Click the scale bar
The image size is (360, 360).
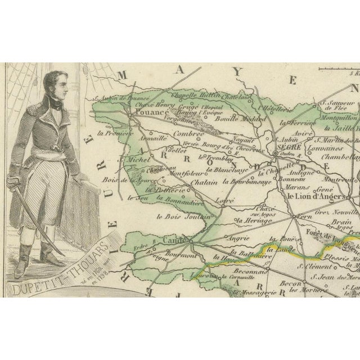click(x=337, y=69)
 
